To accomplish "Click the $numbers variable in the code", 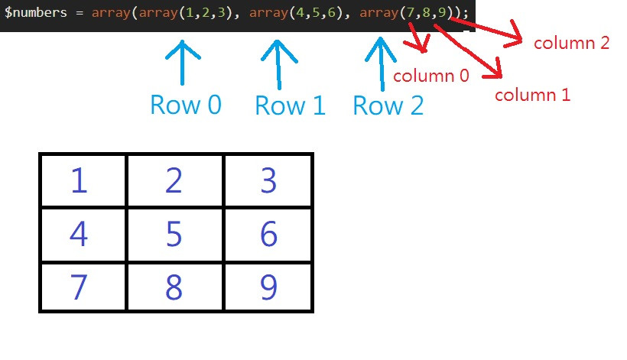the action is coord(36,12).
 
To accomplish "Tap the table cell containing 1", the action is coord(83,180).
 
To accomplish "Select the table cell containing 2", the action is coord(174,180).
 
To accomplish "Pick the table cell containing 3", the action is coord(268,180).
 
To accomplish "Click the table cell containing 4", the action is coord(83,234).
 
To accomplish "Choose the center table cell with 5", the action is coord(174,234).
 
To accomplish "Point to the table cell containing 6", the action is coord(268,234).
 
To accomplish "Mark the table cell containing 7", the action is coord(83,287).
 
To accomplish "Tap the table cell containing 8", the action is coord(174,287).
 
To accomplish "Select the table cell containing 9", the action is coord(268,287).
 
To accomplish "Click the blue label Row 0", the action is coord(186,105).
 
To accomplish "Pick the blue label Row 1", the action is coord(291,106).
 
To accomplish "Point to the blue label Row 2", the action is coord(388,106).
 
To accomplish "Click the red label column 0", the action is coord(431,76).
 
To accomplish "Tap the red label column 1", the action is coord(532,95).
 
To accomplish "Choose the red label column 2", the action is coord(571,43).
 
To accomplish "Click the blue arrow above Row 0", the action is coord(182,63).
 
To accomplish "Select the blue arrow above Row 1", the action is coord(279,64).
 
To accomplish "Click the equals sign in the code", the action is coord(80,13).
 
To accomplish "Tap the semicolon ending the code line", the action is coord(465,14).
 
